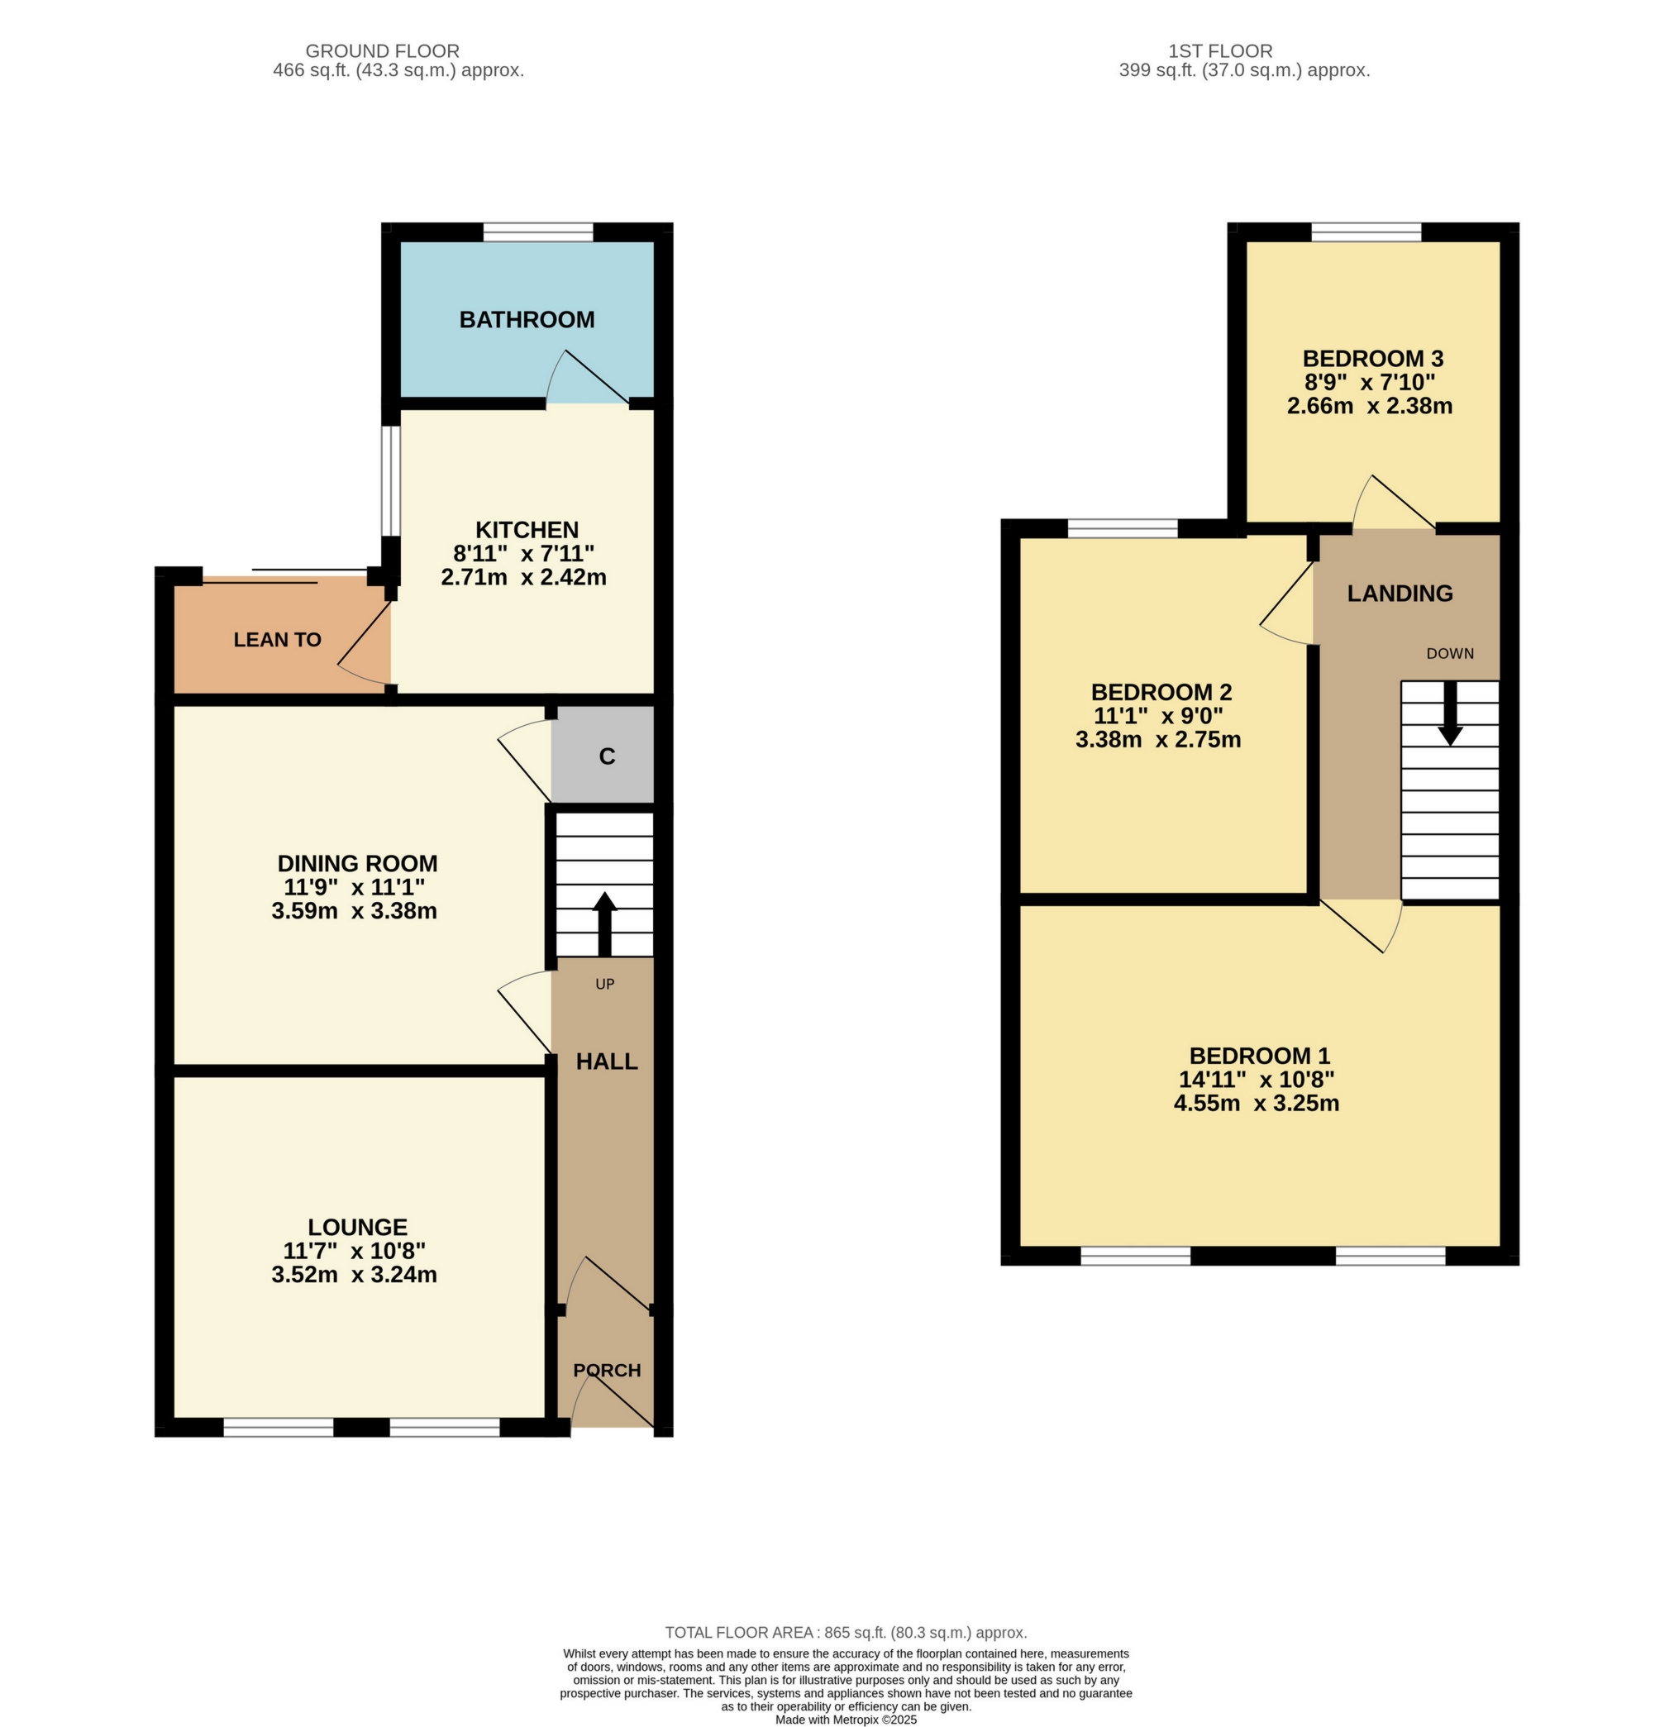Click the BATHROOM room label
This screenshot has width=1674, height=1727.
(527, 320)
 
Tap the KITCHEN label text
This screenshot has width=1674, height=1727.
(527, 530)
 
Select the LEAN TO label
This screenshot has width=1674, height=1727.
(277, 640)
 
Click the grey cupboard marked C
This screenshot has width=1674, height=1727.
(606, 756)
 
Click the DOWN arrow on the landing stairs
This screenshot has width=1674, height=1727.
(1449, 713)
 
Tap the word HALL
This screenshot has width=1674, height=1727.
(606, 1061)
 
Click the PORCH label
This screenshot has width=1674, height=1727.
(606, 1370)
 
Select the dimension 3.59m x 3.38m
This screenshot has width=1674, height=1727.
(354, 911)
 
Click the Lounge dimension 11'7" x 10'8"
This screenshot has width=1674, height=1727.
(354, 1251)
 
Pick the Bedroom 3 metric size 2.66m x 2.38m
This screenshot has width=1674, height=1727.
(1369, 406)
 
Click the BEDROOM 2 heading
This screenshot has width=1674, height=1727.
(1161, 692)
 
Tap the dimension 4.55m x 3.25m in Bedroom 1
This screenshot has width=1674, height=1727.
(1257, 1103)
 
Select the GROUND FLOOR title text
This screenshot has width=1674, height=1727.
(383, 51)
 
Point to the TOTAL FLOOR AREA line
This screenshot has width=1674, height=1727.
(846, 1633)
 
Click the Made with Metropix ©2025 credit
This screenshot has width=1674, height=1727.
(846, 1719)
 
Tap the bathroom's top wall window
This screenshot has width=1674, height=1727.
(537, 231)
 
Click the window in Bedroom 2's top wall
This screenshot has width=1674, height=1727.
(1123, 528)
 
